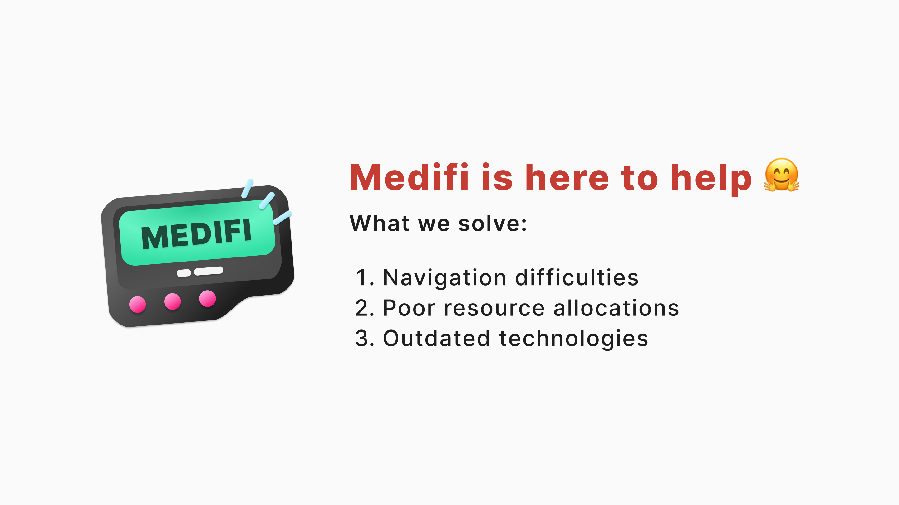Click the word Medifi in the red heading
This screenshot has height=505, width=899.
click(x=409, y=177)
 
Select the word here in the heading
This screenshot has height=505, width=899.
click(x=567, y=177)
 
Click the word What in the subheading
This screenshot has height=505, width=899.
click(x=379, y=223)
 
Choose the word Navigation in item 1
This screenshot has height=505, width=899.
click(x=445, y=278)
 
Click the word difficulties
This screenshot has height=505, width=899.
click(x=577, y=277)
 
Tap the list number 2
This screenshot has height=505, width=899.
click(x=364, y=308)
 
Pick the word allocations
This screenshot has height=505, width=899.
click(x=616, y=308)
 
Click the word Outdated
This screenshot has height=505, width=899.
click(x=437, y=339)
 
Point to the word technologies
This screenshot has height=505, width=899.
click(x=574, y=339)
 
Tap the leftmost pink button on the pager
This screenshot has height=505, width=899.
click(x=137, y=305)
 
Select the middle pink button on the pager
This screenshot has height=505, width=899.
click(x=172, y=301)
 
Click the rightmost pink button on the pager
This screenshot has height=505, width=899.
click(x=208, y=299)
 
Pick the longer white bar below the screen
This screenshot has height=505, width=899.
click(x=209, y=271)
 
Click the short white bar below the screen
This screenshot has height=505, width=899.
click(x=184, y=273)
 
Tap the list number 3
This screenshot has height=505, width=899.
click(x=364, y=339)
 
